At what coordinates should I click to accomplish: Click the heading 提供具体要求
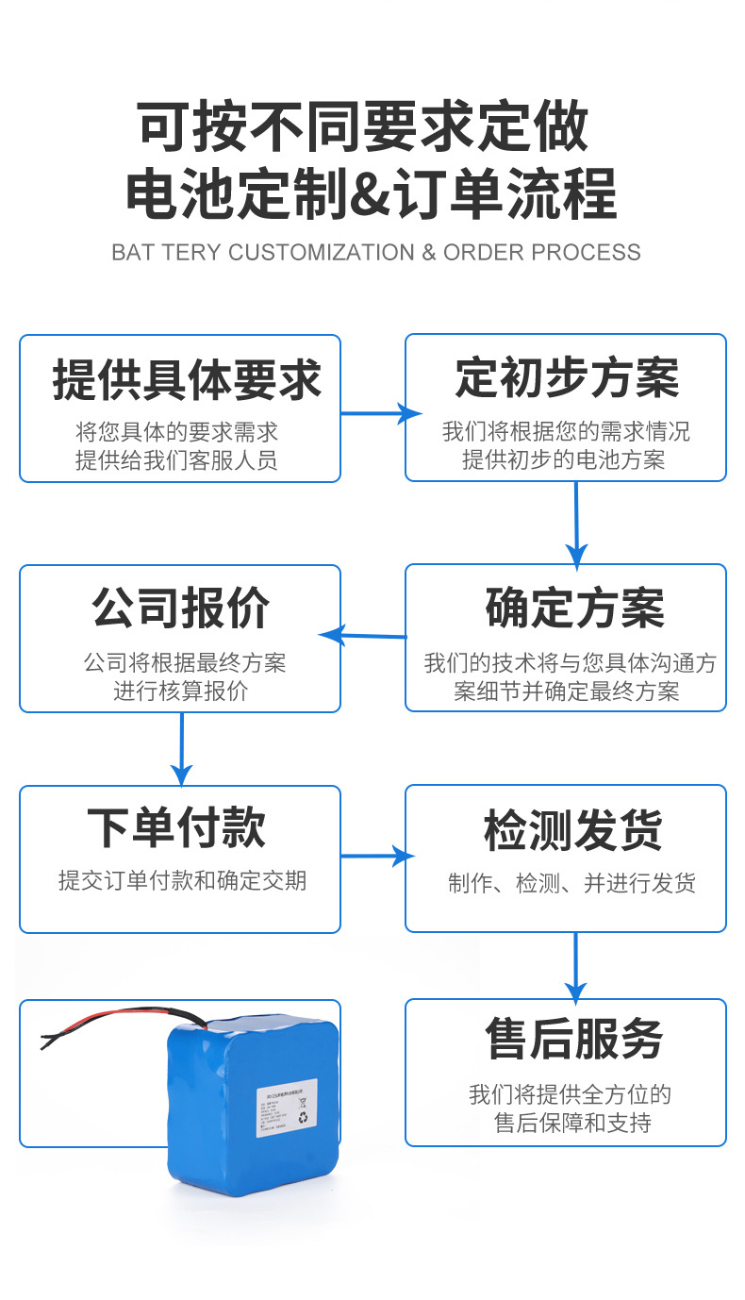tap(187, 380)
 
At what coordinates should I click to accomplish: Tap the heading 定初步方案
tap(567, 378)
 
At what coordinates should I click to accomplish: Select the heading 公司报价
tap(180, 608)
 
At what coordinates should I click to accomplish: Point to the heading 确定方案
tap(575, 608)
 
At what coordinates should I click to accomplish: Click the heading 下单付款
tap(176, 827)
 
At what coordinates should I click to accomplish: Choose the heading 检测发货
tap(573, 830)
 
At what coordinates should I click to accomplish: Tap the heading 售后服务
tap(574, 1038)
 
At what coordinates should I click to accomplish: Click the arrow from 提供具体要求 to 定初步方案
tap(379, 413)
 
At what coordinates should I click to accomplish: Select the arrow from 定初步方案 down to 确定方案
tap(576, 524)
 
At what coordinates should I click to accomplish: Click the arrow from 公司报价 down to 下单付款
tap(181, 748)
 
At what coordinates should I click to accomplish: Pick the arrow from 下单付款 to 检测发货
tap(377, 856)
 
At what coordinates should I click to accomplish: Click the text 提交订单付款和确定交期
tap(182, 880)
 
